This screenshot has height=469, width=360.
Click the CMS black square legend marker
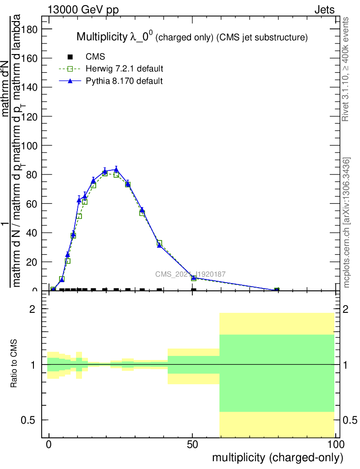[70, 57]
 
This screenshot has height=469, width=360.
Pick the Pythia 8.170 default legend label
[124, 81]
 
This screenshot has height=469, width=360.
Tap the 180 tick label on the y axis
[29, 29]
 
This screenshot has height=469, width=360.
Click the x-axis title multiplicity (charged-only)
[278, 457]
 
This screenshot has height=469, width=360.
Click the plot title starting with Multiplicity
[191, 37]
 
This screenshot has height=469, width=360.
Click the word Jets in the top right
[324, 10]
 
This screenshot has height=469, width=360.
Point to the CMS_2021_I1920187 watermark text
[190, 274]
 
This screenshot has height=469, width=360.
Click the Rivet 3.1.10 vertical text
[346, 69]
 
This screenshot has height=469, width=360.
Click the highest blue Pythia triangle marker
[116, 169]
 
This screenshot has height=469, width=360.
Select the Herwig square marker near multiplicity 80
[277, 290]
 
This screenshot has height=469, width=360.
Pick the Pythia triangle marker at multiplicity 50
[194, 278]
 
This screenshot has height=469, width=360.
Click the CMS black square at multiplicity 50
[194, 290]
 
